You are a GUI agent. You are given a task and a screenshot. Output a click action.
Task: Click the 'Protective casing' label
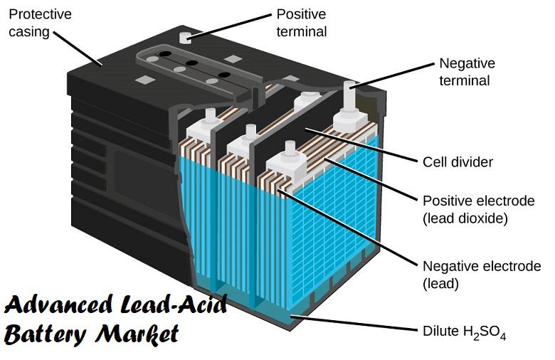40,23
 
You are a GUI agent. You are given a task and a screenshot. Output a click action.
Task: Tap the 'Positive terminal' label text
301,23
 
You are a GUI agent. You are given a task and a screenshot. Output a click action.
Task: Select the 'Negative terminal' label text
467,72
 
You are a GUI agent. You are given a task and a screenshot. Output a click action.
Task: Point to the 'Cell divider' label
458,162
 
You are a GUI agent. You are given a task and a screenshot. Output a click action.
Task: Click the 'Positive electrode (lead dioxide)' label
479,210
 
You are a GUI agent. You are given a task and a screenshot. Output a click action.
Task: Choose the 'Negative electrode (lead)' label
482,275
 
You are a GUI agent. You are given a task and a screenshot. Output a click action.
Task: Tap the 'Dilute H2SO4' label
465,333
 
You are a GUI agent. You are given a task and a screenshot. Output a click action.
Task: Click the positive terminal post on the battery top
185,38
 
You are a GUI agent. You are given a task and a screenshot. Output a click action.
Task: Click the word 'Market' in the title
137,334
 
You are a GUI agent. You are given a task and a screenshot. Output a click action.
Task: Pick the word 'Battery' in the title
46,334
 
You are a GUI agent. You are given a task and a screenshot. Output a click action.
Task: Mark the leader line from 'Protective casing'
78,48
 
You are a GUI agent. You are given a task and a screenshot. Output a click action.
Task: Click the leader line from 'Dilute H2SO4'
353,323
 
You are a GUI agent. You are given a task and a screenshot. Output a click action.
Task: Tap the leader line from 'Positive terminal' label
231,26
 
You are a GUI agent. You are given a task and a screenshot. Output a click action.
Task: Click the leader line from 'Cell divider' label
361,145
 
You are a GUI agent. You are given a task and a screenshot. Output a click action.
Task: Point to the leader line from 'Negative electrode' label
348,228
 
